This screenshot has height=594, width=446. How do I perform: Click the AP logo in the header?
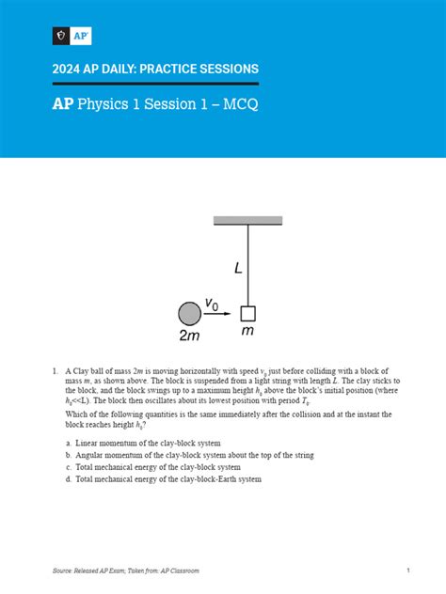[x=71, y=37]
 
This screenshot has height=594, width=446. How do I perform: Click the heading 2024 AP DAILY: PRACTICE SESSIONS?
[x=155, y=70]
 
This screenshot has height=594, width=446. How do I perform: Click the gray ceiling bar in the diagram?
[x=248, y=221]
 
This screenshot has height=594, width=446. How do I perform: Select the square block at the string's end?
[x=248, y=313]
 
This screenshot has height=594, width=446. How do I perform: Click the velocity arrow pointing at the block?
[x=216, y=314]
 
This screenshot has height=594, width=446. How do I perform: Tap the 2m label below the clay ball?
[x=189, y=336]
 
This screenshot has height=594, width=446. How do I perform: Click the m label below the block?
[x=248, y=333]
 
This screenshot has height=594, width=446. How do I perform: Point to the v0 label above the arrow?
[x=215, y=304]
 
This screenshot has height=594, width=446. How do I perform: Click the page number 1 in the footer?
[x=408, y=571]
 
